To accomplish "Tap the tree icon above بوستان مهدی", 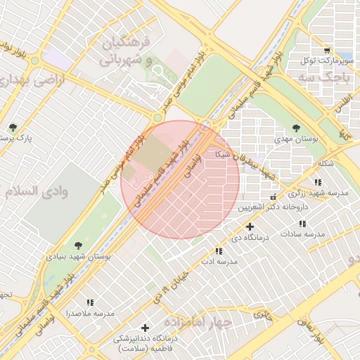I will click(x=295, y=128).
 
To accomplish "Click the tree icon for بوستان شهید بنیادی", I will click(x=77, y=245).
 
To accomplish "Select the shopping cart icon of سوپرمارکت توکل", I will click(x=327, y=50).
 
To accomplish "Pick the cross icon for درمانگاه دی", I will click(x=250, y=226).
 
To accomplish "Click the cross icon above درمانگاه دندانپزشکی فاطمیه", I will click(x=146, y=328).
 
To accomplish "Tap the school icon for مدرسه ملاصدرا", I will click(x=89, y=302).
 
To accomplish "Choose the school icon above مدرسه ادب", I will click(x=219, y=250).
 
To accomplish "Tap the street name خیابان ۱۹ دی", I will click(x=172, y=284).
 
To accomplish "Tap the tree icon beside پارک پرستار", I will click(x=13, y=127).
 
